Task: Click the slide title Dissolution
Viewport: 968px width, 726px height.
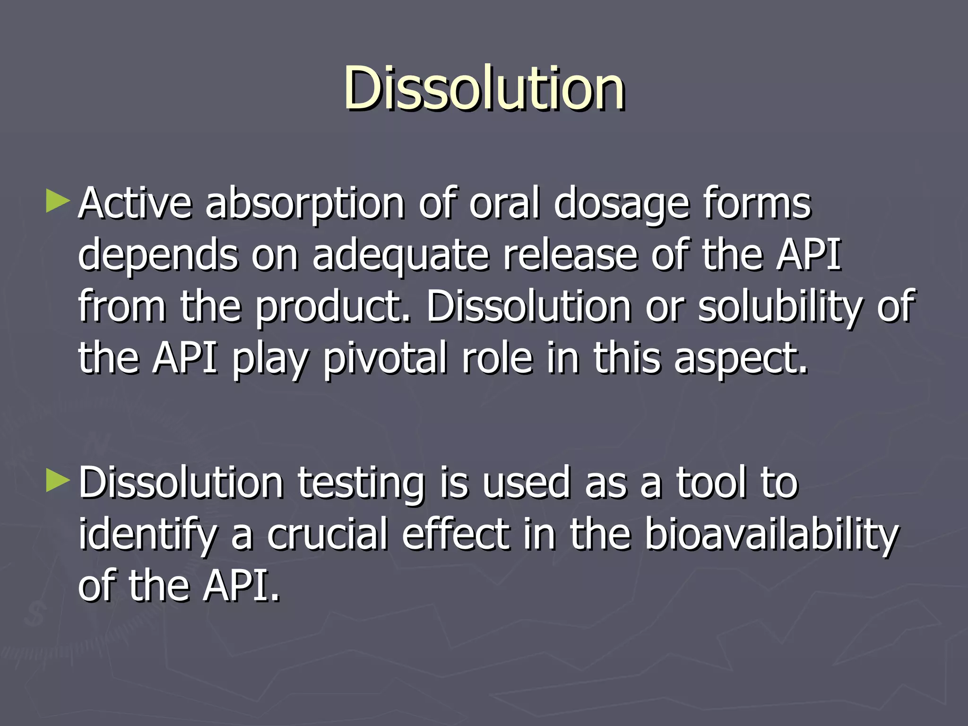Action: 484,88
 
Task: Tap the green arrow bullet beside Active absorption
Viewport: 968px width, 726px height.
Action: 58,201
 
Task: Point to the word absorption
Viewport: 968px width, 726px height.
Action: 305,204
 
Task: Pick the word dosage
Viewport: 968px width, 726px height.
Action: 621,204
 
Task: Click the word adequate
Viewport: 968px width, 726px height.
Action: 400,256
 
